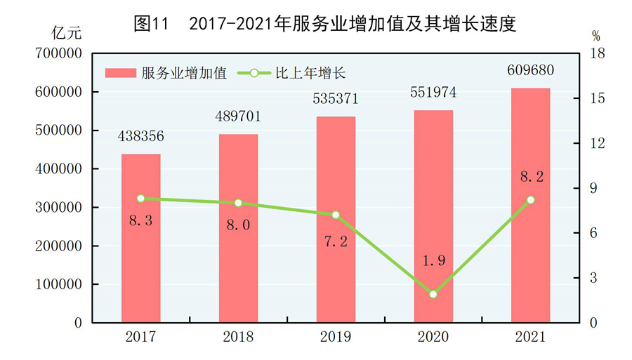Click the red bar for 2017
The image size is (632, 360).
pyautogui.click(x=140, y=239)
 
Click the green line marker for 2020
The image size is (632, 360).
pyautogui.click(x=433, y=294)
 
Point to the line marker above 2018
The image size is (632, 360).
pyautogui.click(x=238, y=203)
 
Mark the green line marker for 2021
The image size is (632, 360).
pyautogui.click(x=530, y=200)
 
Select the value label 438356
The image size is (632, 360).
pyautogui.click(x=140, y=136)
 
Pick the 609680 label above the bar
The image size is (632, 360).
pyautogui.click(x=530, y=71)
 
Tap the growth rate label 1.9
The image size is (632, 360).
pyautogui.click(x=433, y=261)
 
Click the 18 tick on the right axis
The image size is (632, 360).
pyautogui.click(x=596, y=53)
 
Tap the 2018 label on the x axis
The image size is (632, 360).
pyautogui.click(x=238, y=338)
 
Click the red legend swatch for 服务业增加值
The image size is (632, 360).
pyautogui.click(x=121, y=72)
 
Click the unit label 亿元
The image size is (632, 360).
pyautogui.click(x=67, y=32)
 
